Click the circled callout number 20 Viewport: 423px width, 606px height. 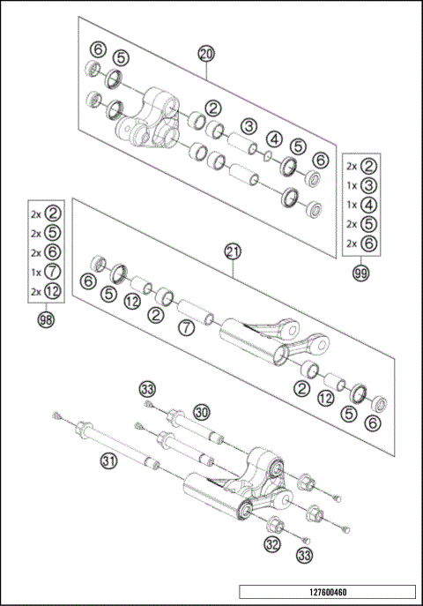tap(206, 54)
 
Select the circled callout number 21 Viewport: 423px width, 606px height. tap(232, 251)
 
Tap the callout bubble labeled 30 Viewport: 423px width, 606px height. tap(202, 412)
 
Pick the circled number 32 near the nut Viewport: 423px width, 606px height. tap(272, 544)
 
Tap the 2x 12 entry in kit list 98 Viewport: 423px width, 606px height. tap(46, 292)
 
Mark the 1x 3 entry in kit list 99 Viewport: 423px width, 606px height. tap(361, 185)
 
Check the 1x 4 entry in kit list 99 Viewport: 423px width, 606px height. tap(361, 205)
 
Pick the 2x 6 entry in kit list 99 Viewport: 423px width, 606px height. tap(361, 243)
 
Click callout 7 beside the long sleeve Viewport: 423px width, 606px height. tap(185, 329)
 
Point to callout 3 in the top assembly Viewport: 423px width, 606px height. tap(249, 126)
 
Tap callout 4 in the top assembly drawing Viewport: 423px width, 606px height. tap(275, 138)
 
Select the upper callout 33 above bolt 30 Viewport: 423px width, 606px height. tap(148, 388)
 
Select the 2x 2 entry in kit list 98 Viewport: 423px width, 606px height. tap(46, 213)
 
